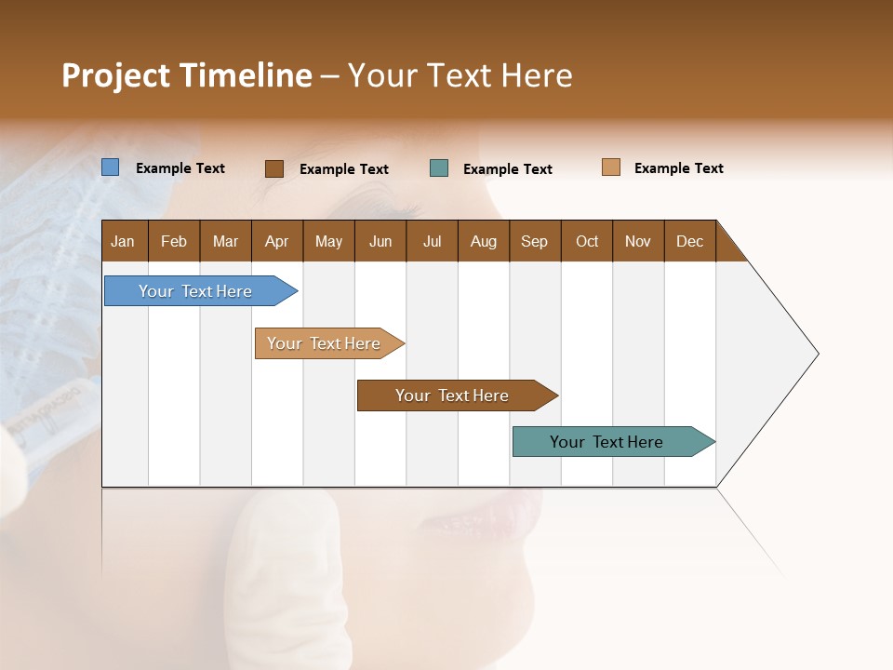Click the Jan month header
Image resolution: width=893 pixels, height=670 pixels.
pos(123,241)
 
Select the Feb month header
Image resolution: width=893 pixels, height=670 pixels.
pos(174,241)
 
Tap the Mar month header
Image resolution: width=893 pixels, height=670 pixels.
pos(225,241)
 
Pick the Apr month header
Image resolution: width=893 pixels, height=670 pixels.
pos(277,241)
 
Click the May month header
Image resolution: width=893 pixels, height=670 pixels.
pos(328,241)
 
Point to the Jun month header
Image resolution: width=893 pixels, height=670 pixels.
pos(380,241)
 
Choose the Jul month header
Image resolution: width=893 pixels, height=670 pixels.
pos(432,241)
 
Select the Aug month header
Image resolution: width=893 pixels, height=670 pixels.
pos(484,241)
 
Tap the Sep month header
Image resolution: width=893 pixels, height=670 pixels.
pos(535,241)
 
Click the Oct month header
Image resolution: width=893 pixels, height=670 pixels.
pos(587,241)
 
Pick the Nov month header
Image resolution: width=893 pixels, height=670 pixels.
pos(638,241)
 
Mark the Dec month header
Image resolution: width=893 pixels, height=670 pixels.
pos(690,241)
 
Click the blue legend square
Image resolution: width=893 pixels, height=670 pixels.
pos(111,167)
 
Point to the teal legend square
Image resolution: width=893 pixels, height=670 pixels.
pos(439,168)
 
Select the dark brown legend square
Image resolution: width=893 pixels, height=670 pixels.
pos(274,168)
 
